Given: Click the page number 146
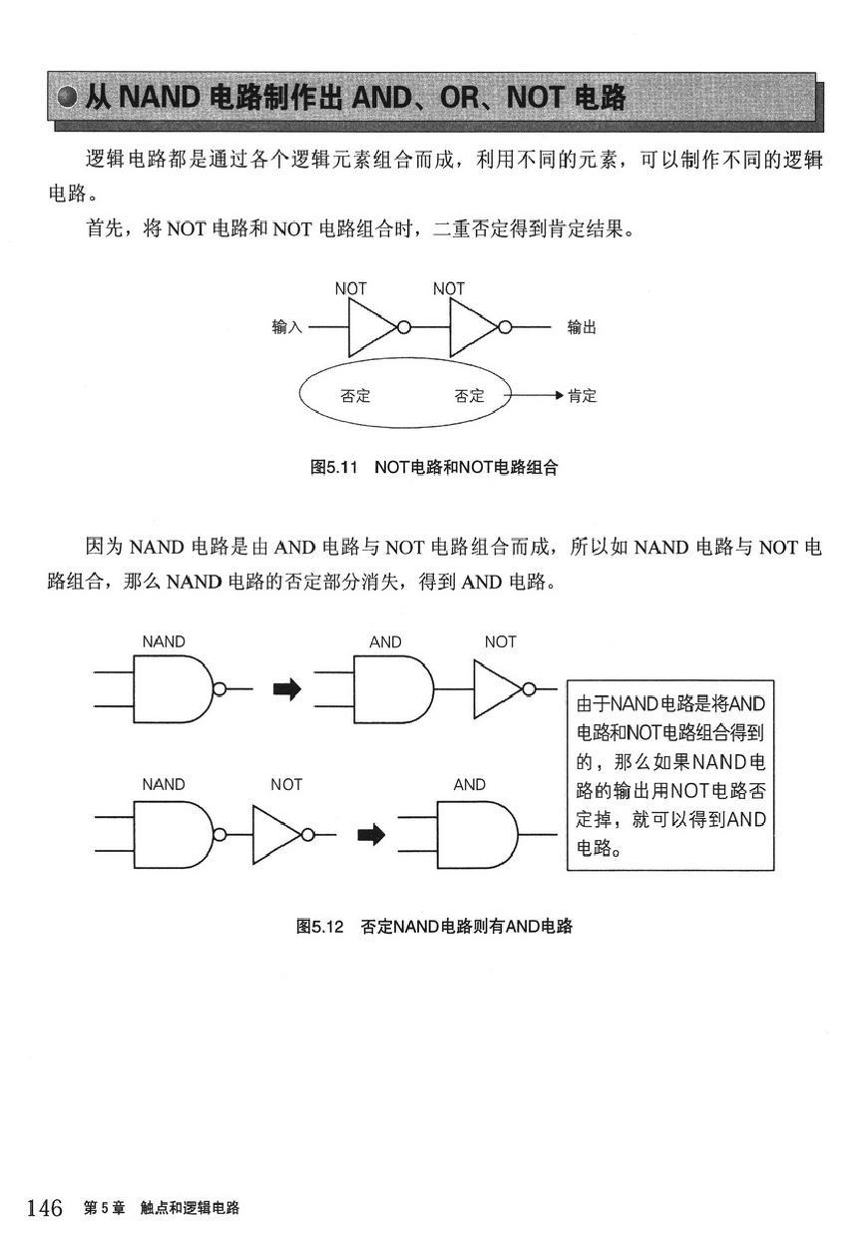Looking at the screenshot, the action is (45, 1208).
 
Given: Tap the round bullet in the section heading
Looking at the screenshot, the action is (68, 98).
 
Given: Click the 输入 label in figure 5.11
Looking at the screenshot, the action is (286, 327).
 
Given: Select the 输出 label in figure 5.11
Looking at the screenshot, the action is (583, 327).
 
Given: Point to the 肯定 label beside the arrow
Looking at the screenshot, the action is (583, 396).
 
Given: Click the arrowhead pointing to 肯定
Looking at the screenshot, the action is (559, 395).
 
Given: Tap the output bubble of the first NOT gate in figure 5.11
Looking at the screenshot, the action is (404, 327).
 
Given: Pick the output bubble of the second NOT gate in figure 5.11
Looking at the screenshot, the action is (505, 327).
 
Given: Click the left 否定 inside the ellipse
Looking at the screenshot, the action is (355, 396).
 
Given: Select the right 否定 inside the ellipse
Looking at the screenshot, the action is (469, 396).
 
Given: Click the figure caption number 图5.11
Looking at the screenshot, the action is (334, 467).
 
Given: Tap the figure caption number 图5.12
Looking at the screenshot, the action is (320, 926).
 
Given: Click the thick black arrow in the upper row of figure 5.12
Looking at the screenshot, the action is (287, 689).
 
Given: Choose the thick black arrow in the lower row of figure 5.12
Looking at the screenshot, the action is (371, 834).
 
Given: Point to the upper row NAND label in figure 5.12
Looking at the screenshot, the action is (164, 641).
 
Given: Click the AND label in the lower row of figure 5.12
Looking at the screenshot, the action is (469, 784).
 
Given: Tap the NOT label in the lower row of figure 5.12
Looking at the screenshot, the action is (286, 784).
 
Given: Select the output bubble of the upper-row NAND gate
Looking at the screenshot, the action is (219, 689).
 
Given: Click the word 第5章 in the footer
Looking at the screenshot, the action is (104, 1208).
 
